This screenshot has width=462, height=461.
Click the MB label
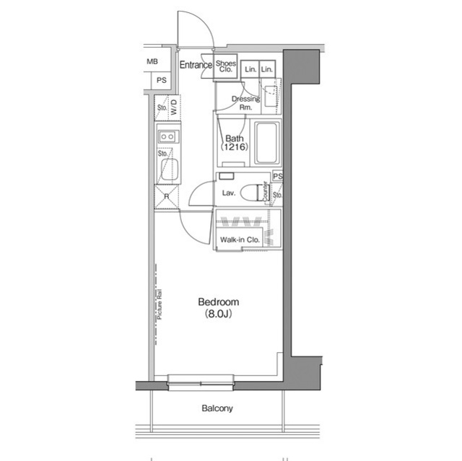pyautogui.click(x=152, y=61)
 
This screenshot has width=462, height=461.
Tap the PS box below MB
pyautogui.click(x=162, y=80)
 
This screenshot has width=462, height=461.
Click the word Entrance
pyautogui.click(x=196, y=65)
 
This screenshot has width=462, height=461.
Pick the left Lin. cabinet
pyautogui.click(x=249, y=69)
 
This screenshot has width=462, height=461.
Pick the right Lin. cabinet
pyautogui.click(x=267, y=69)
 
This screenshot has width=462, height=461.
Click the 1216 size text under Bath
pyautogui.click(x=235, y=148)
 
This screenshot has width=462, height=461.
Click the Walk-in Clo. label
pyautogui.click(x=240, y=239)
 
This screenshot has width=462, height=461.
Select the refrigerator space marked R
pyautogui.click(x=167, y=196)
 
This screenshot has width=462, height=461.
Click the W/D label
pyautogui.click(x=174, y=107)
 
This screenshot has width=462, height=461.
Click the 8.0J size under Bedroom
pyautogui.click(x=219, y=315)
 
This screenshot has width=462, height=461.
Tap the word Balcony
pyautogui.click(x=217, y=408)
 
